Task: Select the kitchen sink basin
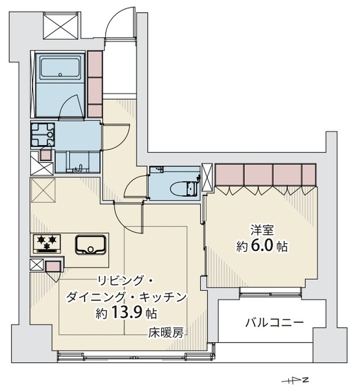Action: (91, 245)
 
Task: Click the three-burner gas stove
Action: (47, 243)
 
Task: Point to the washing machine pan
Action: (43, 135)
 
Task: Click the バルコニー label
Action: (274, 323)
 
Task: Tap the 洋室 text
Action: (262, 230)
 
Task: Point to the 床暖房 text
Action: (167, 333)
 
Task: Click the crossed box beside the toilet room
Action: (207, 178)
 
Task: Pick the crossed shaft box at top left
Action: (61, 26)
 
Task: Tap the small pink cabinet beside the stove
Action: (53, 266)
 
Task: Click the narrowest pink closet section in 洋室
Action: (309, 175)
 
